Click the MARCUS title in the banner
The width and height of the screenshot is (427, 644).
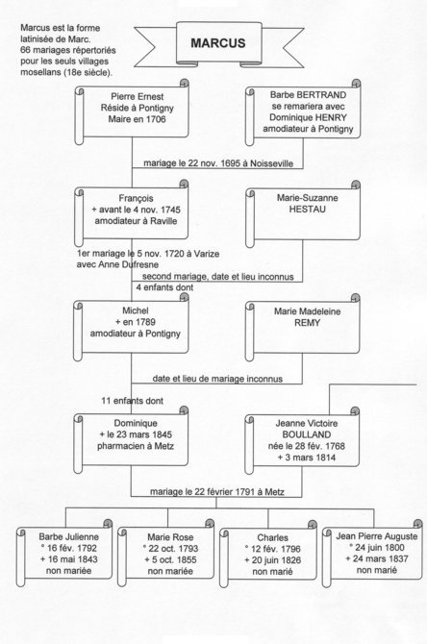coord(217,43)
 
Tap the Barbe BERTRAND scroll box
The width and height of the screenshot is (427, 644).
coord(303,113)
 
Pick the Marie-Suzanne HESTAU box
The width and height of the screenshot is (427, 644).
coord(303,214)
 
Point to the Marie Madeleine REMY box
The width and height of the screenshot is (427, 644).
coord(303,328)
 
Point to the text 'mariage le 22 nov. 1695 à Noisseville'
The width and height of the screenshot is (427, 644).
coord(218,163)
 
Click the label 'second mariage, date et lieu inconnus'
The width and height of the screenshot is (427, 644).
coord(217,277)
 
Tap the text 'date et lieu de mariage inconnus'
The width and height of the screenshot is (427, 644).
coord(217,379)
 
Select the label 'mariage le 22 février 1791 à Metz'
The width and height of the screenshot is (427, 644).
coord(217,491)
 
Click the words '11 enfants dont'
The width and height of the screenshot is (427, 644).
coord(133,401)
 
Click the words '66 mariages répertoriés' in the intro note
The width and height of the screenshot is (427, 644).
coord(68,51)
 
